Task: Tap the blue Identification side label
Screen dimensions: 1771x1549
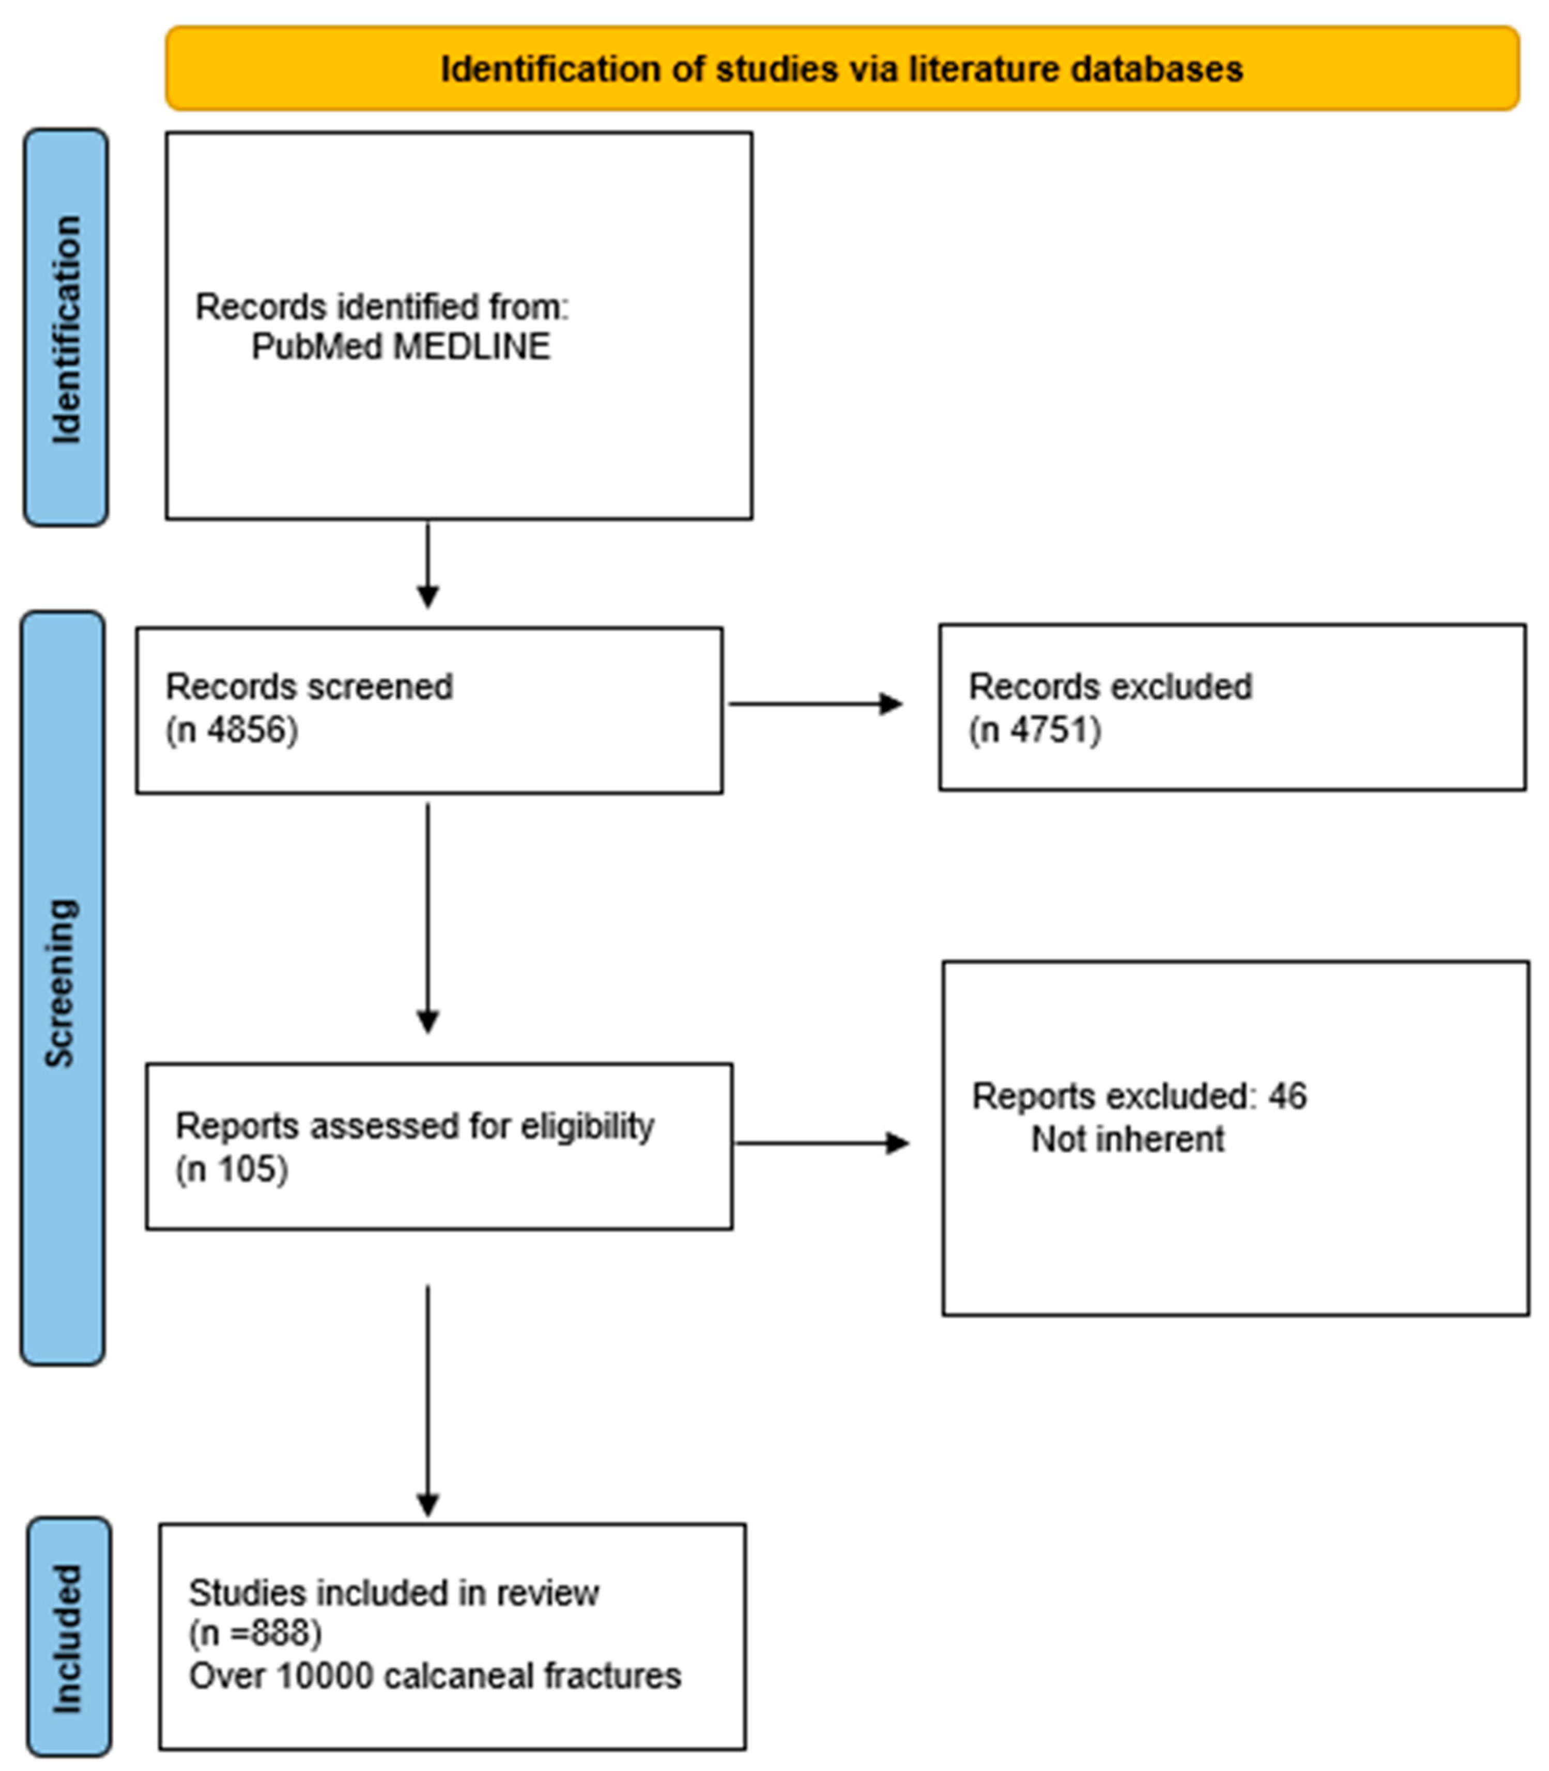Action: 66,328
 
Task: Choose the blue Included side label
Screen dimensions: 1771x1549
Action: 68,1636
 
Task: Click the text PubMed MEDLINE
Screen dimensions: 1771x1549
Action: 400,346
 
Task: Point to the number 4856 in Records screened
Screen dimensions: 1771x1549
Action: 247,730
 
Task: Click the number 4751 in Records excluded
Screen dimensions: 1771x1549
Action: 1049,730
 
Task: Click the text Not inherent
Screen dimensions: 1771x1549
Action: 1127,1139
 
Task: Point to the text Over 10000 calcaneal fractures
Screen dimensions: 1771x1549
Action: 435,1675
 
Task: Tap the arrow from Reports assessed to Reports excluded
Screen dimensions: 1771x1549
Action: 821,1143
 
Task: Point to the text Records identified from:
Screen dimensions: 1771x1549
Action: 381,307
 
